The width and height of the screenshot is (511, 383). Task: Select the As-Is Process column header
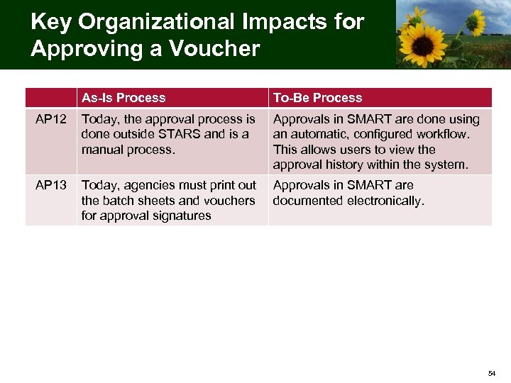[123, 98]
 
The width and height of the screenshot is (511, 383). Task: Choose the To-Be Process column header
[317, 98]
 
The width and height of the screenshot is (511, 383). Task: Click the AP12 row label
[51, 119]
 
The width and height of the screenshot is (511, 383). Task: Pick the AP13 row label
[51, 185]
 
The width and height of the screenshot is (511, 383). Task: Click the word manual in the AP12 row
[103, 150]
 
